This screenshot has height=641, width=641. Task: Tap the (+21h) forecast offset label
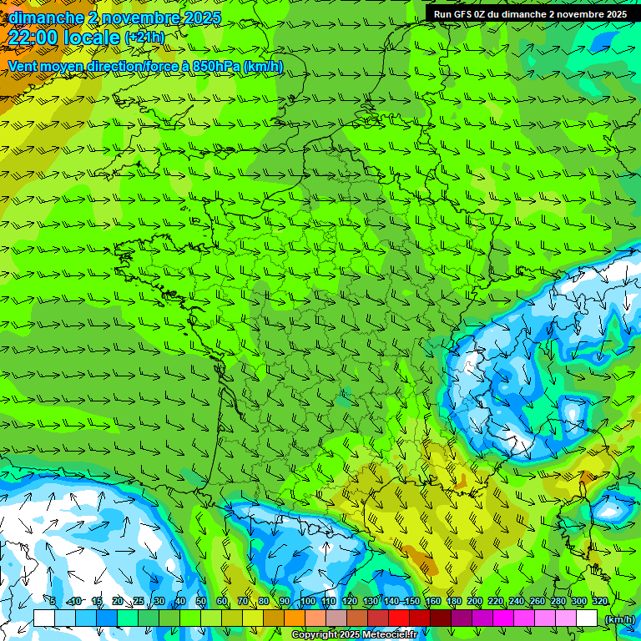click(x=144, y=38)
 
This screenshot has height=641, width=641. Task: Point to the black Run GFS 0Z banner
click(x=531, y=14)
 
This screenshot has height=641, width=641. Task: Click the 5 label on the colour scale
click(x=53, y=601)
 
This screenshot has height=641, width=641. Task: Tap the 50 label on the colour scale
click(x=201, y=601)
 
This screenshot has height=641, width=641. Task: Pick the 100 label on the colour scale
click(x=308, y=601)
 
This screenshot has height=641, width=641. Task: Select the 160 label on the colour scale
click(x=433, y=601)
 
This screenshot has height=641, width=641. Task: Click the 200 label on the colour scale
click(x=475, y=601)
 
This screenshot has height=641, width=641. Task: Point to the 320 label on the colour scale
click(x=599, y=601)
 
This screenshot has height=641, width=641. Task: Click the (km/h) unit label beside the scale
click(x=618, y=618)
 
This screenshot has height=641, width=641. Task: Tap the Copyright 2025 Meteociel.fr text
click(x=354, y=634)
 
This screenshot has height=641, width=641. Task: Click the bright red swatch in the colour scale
click(x=399, y=618)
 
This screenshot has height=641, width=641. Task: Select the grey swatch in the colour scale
click(x=336, y=618)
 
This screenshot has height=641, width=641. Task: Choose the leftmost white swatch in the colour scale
click(x=44, y=618)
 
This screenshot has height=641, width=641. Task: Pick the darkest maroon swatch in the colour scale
click(x=441, y=618)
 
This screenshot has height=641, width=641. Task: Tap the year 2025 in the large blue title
click(x=200, y=17)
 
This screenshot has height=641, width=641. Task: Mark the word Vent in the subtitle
click(x=23, y=66)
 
